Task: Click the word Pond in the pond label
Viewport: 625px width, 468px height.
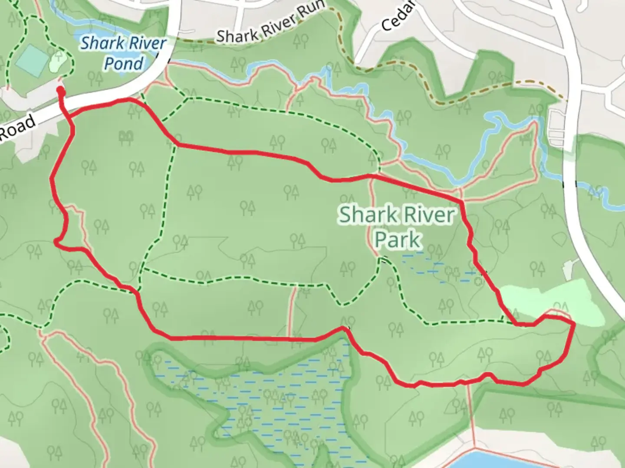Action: click(124, 64)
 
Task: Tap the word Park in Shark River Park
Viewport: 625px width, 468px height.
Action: click(398, 240)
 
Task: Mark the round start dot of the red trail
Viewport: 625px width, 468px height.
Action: click(61, 91)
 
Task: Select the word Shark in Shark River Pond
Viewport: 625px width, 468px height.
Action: click(100, 43)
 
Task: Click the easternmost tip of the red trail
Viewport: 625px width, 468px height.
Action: click(574, 323)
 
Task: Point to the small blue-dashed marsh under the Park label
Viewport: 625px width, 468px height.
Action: click(438, 269)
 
